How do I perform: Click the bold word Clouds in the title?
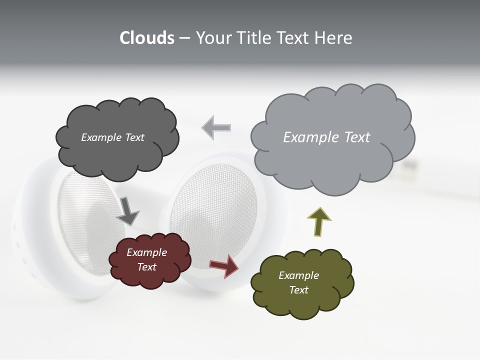[x=146, y=38]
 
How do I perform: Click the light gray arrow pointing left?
[x=216, y=127]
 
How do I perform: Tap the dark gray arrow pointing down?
[x=127, y=210]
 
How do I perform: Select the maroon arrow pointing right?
[x=223, y=266]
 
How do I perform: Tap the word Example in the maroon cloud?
[x=146, y=252]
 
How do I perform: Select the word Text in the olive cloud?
[x=298, y=290]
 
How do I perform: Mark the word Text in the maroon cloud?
[x=146, y=267]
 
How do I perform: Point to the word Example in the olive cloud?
[x=298, y=275]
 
